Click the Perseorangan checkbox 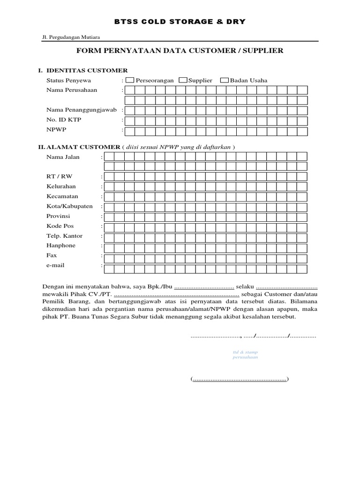click(130, 80)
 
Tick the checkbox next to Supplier click(183, 80)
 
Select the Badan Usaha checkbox click(225, 80)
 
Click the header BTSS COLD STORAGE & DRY click(180, 22)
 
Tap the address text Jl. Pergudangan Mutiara click(71, 37)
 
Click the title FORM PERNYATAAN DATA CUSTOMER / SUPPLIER click(180, 50)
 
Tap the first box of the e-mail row click(109, 269)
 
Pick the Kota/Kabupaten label click(69, 206)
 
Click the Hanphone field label click(60, 246)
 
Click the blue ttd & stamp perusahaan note click(246, 354)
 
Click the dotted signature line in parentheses click(240, 379)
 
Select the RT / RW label click(60, 176)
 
